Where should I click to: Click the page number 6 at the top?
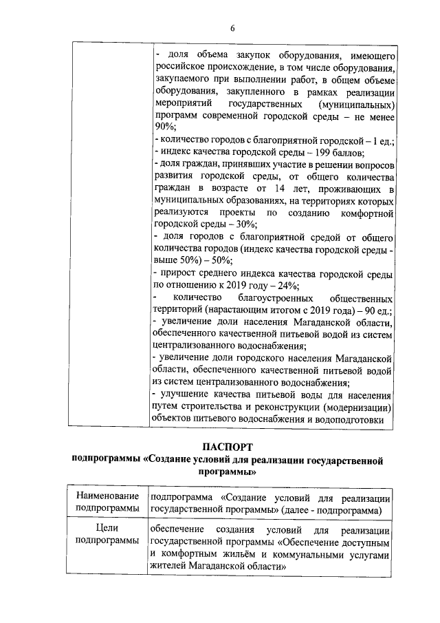tap(232, 28)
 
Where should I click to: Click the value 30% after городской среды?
tap(246, 224)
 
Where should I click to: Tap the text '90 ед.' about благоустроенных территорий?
tap(375, 310)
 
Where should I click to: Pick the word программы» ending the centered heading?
tap(227, 473)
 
